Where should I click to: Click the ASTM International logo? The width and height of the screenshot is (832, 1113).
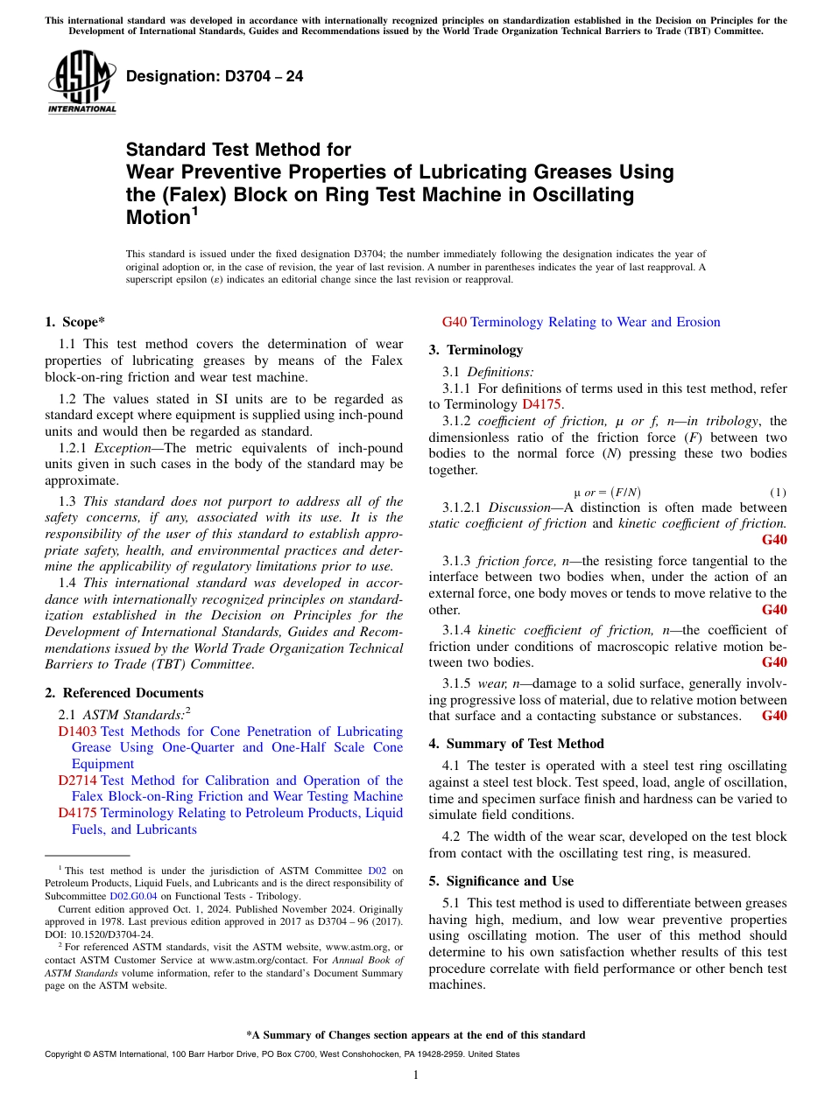tap(81, 82)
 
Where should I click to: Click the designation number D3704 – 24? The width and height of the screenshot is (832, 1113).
tap(215, 76)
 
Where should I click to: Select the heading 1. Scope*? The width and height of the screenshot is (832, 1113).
tap(74, 322)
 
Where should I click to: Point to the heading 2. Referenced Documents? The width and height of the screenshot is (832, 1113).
tap(111, 693)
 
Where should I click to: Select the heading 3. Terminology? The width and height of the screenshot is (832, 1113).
tap(476, 350)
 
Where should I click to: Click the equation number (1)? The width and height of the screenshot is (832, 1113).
tap(777, 492)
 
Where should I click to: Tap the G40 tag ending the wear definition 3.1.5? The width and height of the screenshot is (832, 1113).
tap(774, 716)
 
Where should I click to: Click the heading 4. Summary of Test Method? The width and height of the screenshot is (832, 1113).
tap(516, 744)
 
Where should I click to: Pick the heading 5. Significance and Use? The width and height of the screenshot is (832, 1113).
tap(501, 881)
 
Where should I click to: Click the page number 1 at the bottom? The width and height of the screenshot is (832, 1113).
tap(416, 1074)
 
